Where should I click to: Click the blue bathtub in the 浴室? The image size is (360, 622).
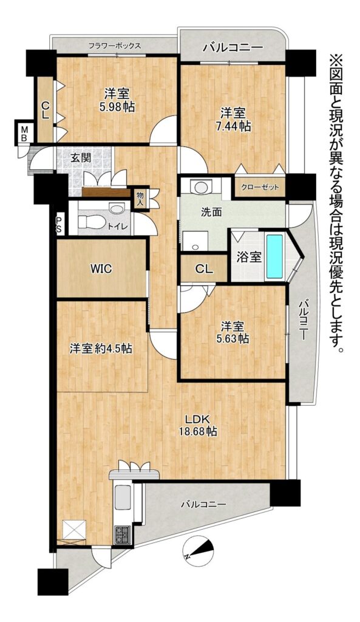coord(274,256)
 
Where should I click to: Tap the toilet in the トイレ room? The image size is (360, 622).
coord(89,222)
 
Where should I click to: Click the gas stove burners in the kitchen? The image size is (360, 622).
coord(122,534)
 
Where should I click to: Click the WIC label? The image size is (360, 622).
coord(101,268)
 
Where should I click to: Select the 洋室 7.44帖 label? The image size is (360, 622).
coord(236,120)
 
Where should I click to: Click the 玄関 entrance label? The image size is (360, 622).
coord(81,157)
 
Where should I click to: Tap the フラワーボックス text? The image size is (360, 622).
coord(115,45)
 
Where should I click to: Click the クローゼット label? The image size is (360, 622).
coord(260,187)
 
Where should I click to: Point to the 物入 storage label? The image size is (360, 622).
coord(140,197)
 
